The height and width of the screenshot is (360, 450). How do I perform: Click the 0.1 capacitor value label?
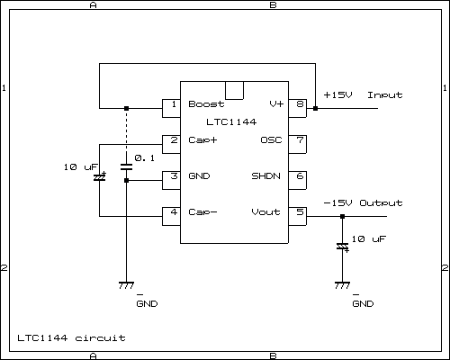tap(144, 158)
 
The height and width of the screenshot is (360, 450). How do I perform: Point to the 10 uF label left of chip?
tap(80, 168)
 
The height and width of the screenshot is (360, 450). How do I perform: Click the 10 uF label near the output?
tap(369, 239)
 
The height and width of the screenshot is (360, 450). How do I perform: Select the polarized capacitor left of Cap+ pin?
tap(99, 177)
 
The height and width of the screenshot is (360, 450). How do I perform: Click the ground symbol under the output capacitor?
tap(342, 284)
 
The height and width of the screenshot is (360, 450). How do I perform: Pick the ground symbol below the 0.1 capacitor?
tap(126, 284)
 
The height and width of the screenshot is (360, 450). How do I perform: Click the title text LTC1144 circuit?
tap(71, 338)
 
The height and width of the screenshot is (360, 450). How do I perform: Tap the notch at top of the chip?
tap(234, 90)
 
